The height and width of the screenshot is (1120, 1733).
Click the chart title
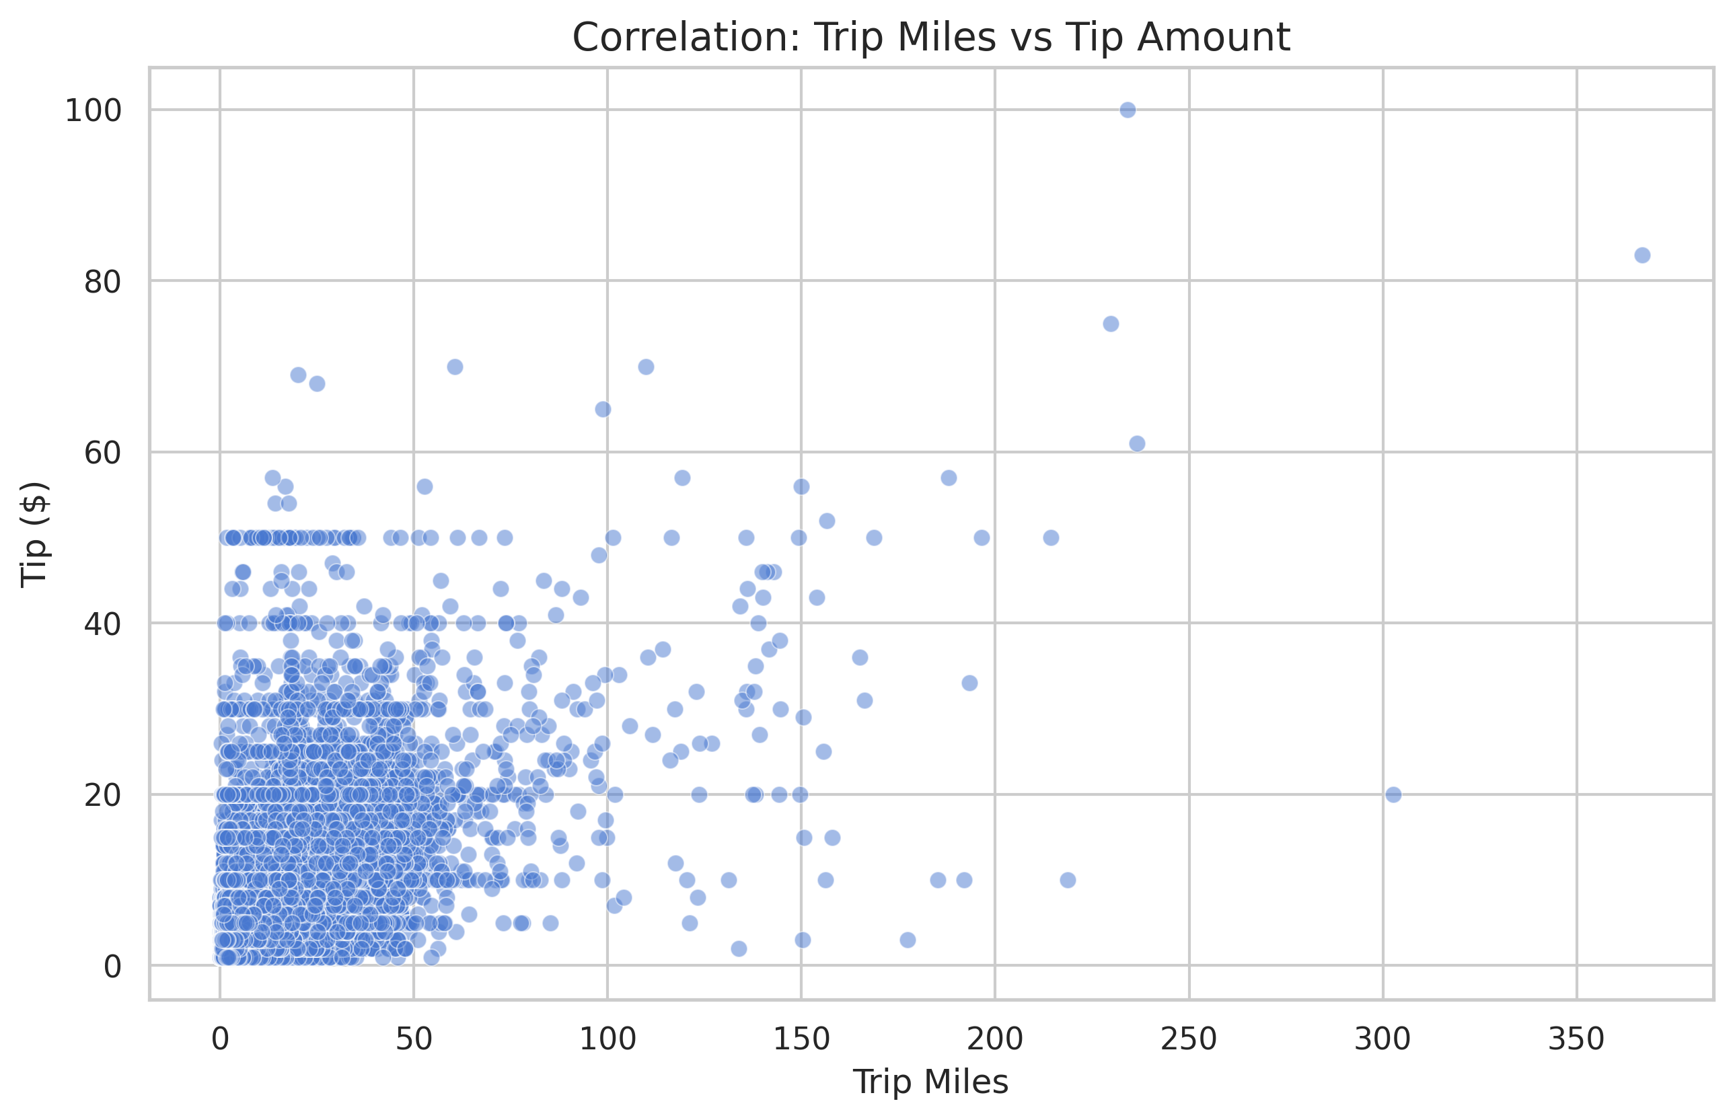(x=930, y=37)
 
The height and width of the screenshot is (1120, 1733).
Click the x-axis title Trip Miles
(x=930, y=1082)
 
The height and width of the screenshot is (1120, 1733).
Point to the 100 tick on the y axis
(x=93, y=110)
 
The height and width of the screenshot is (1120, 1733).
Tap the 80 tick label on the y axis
(x=102, y=281)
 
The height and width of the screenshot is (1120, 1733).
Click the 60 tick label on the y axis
(x=102, y=452)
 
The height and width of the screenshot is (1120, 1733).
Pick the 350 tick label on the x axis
(x=1576, y=1039)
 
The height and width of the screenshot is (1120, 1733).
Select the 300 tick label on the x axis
(x=1382, y=1039)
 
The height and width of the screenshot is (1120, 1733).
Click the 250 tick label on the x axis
(x=1188, y=1039)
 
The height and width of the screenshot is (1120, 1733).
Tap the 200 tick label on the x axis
(x=994, y=1039)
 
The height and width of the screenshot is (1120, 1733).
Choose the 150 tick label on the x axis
(x=801, y=1039)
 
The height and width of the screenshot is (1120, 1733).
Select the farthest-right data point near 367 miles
(x=1642, y=255)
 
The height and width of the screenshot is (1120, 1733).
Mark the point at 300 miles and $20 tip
(x=1393, y=794)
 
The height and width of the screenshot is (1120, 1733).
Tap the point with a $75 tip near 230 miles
(x=1111, y=324)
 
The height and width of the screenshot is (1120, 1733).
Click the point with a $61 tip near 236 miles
(x=1137, y=444)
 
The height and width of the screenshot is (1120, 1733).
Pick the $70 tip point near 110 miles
(x=646, y=367)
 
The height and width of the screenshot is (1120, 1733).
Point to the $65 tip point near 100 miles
(x=603, y=410)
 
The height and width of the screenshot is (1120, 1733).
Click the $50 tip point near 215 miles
(x=1051, y=537)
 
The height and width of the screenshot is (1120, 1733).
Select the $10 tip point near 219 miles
(x=1068, y=880)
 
